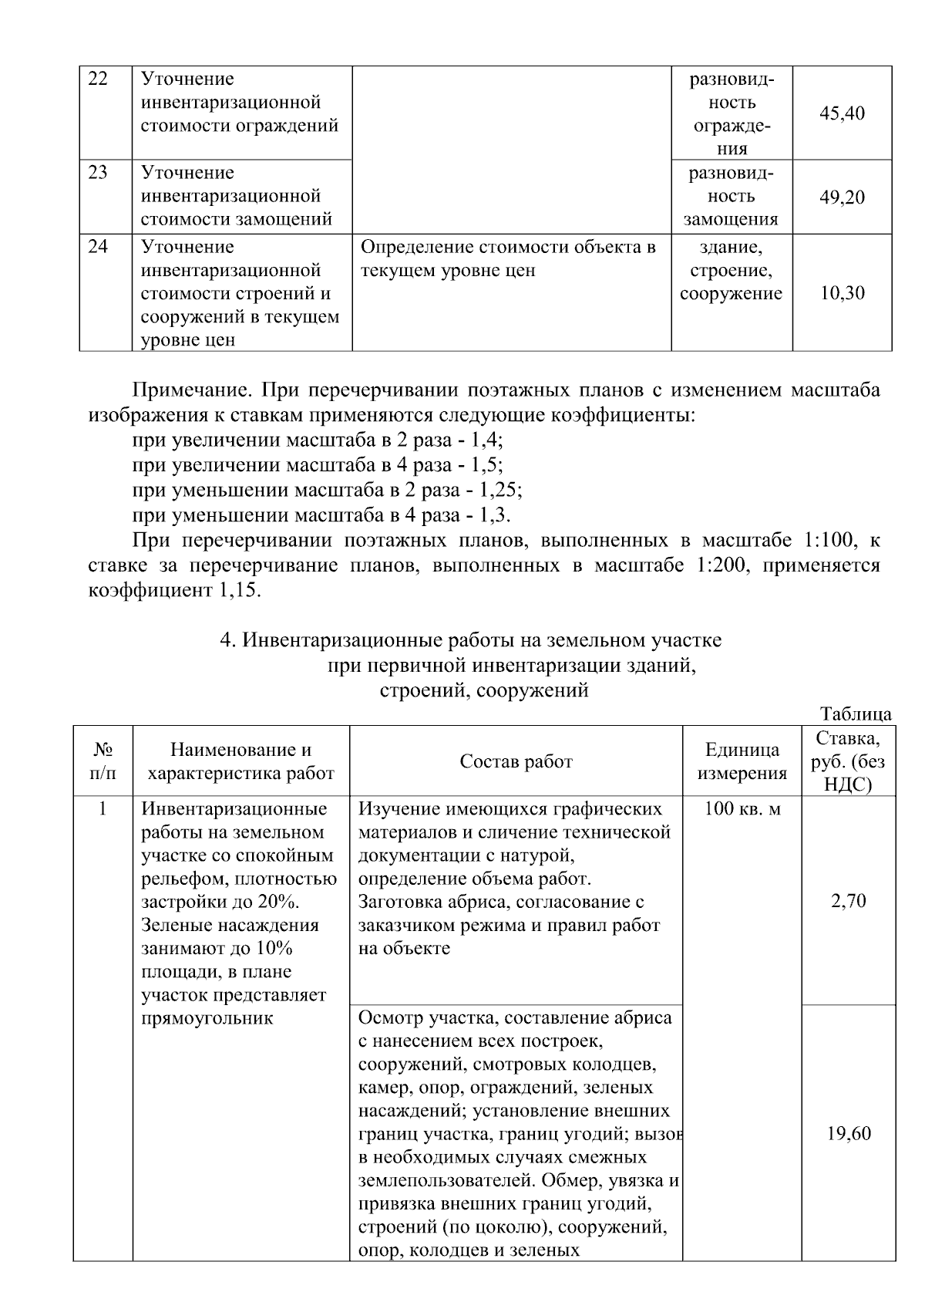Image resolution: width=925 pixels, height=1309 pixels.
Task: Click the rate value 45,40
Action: (842, 114)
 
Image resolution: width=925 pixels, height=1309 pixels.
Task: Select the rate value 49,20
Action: (842, 197)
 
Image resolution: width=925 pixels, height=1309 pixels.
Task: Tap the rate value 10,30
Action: (842, 293)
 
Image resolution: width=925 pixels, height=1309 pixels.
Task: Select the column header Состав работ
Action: (516, 761)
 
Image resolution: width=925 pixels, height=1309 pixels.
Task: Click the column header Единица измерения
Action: (742, 761)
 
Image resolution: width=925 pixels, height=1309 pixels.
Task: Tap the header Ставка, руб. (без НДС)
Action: (848, 761)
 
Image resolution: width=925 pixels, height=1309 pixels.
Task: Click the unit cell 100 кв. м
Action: (742, 809)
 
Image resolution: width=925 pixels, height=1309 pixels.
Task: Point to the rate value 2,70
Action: (848, 901)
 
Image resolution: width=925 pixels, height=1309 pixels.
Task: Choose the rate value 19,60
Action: (848, 1134)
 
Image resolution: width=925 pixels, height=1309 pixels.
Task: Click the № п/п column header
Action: (103, 761)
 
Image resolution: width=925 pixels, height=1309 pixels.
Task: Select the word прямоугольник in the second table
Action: (208, 1018)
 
